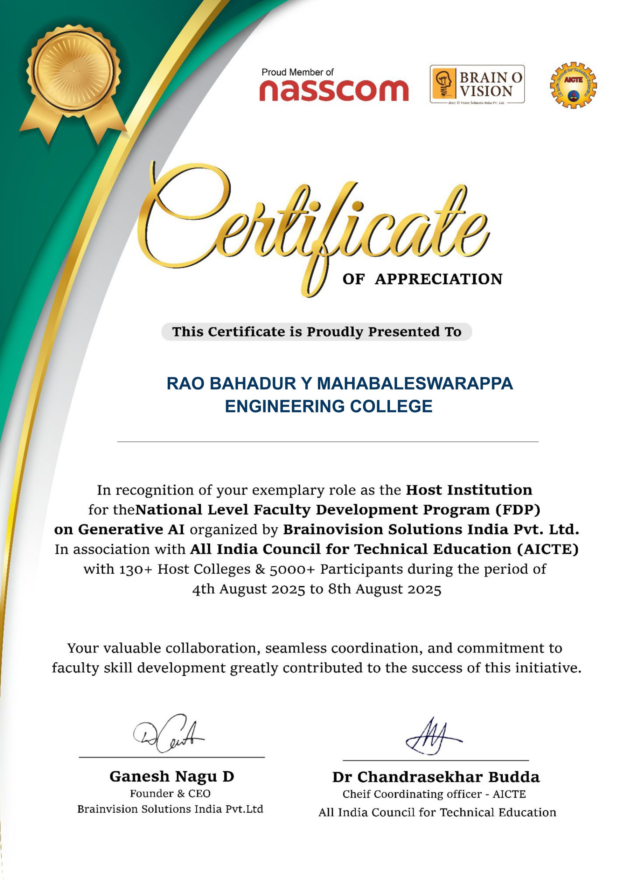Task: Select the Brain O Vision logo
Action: click(477, 84)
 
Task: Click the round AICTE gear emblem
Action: click(573, 85)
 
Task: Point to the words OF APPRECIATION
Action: click(423, 279)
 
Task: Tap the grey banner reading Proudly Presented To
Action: click(316, 332)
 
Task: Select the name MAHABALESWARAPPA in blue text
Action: click(414, 384)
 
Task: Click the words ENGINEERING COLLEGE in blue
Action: click(328, 406)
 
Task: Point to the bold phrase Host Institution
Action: click(469, 490)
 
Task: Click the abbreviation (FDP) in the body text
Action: click(518, 510)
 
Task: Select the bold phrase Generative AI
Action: click(131, 530)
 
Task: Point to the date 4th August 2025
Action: click(248, 589)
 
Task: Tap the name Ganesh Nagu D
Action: click(172, 777)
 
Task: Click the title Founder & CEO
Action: click(170, 793)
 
